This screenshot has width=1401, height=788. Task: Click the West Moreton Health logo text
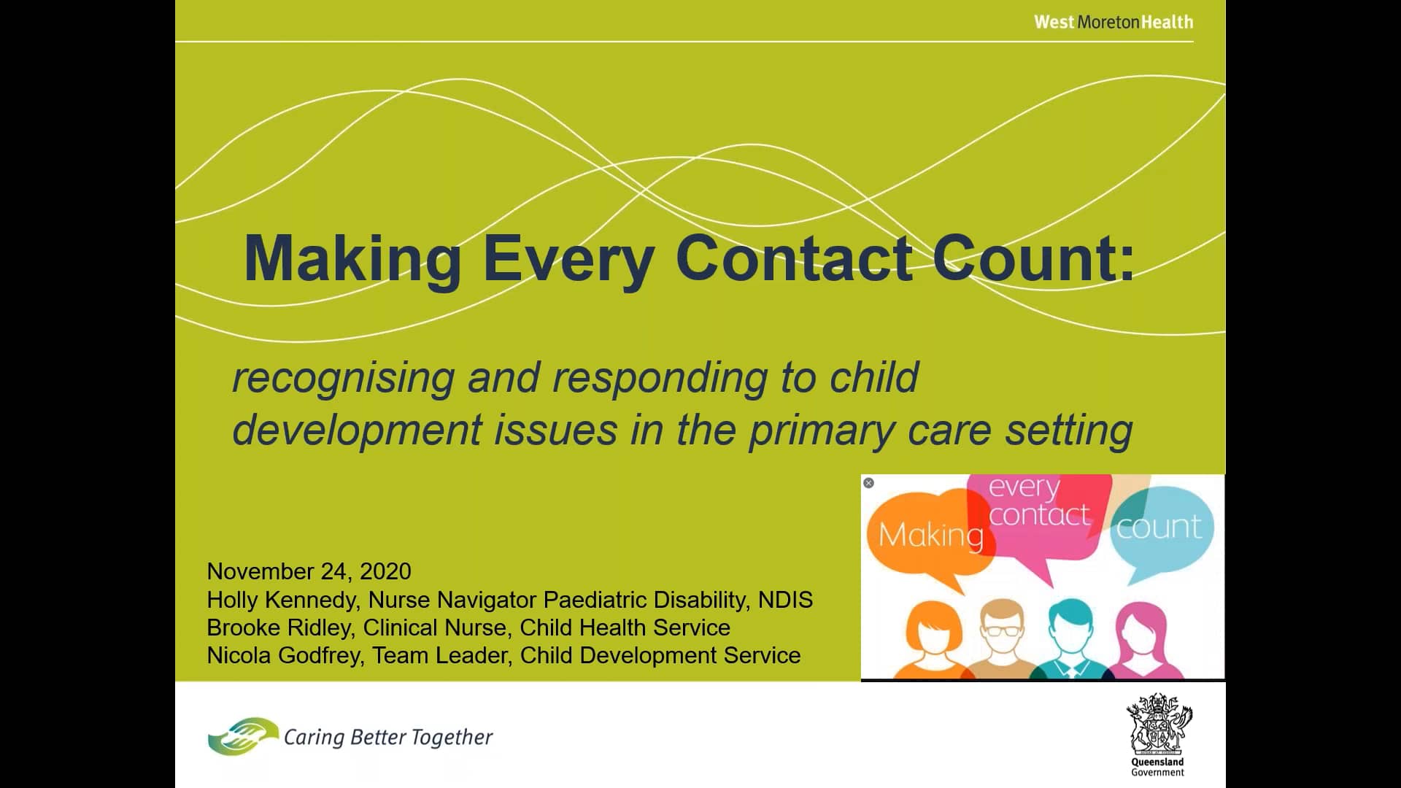click(1114, 23)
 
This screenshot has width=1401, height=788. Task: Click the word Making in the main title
click(352, 260)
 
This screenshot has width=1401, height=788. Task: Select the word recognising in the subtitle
click(343, 378)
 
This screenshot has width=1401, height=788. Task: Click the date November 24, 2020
click(309, 571)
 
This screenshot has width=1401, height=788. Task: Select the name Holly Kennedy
click(282, 600)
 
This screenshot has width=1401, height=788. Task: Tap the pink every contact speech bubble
click(1039, 511)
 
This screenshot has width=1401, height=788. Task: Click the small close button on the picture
click(868, 483)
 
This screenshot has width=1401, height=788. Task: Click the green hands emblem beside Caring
click(242, 736)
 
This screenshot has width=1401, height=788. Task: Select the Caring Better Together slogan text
click(388, 738)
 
